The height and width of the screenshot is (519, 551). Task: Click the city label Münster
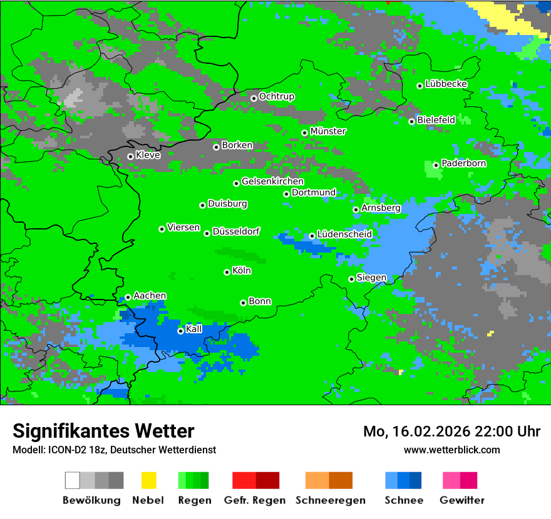point(328,131)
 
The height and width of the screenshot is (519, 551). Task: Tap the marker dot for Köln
point(227,272)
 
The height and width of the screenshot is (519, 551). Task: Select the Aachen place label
point(150,296)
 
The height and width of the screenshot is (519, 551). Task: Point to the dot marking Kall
point(180,331)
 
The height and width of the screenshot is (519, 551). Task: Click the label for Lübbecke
point(446,84)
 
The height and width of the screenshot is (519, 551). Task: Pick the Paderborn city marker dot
point(436,165)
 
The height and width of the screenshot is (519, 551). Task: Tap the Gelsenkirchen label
point(272,181)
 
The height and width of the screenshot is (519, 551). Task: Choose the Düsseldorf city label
point(236,231)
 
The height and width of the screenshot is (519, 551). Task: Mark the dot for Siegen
point(351,279)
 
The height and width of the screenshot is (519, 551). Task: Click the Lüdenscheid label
point(344,234)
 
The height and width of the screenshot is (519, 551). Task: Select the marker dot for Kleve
point(130,156)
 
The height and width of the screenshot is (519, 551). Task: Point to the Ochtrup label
point(276,96)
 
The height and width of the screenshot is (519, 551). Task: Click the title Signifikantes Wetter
point(103,431)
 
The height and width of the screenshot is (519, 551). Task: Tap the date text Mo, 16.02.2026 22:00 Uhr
point(451,431)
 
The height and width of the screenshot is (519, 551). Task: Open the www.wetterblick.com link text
point(451,450)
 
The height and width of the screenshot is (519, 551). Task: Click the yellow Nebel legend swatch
point(148,480)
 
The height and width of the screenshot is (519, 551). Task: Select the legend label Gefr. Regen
point(255,500)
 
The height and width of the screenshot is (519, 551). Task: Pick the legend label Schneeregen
point(329,500)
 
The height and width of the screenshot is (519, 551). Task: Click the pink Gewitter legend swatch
point(451,480)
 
